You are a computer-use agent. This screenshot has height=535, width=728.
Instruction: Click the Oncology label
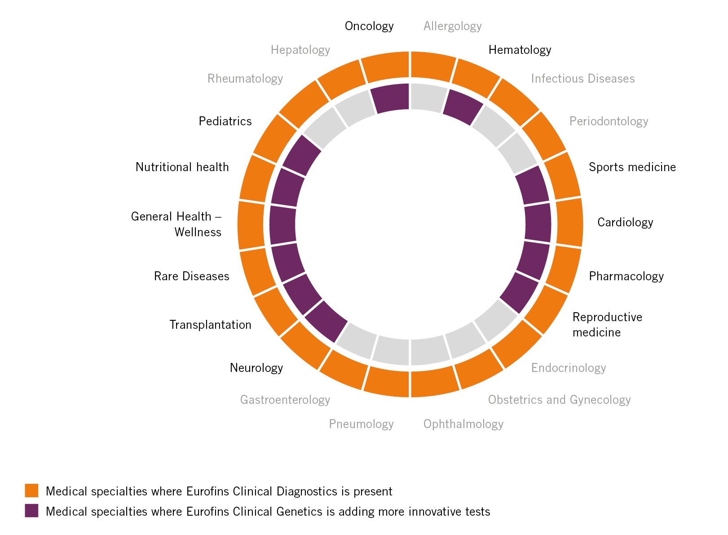click(369, 27)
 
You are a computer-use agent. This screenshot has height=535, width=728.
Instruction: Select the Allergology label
click(452, 27)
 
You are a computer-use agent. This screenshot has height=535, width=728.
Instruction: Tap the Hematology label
click(520, 50)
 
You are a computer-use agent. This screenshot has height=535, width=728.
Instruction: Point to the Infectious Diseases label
click(582, 79)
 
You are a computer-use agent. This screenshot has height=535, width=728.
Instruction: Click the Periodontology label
click(609, 121)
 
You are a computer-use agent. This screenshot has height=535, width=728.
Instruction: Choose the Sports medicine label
click(632, 167)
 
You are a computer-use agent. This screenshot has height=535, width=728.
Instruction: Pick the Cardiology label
click(625, 222)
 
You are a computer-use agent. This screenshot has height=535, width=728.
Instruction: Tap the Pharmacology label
click(626, 276)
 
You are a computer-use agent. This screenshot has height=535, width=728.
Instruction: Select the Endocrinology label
click(569, 368)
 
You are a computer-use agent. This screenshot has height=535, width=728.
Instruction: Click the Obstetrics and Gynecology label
click(559, 400)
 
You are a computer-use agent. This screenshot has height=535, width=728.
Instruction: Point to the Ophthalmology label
click(463, 424)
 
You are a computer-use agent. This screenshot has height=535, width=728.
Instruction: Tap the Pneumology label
click(361, 424)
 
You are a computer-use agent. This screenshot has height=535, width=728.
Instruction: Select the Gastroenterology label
click(285, 400)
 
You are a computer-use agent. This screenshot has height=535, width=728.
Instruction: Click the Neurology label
click(256, 368)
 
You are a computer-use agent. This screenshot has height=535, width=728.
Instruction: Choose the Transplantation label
click(210, 325)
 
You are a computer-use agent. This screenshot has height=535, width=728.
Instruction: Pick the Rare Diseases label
click(191, 276)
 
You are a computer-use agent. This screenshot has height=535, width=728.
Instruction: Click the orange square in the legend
click(31, 491)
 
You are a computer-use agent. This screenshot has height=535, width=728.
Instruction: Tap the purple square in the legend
click(31, 511)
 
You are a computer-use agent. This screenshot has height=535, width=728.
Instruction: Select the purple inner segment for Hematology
click(463, 107)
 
